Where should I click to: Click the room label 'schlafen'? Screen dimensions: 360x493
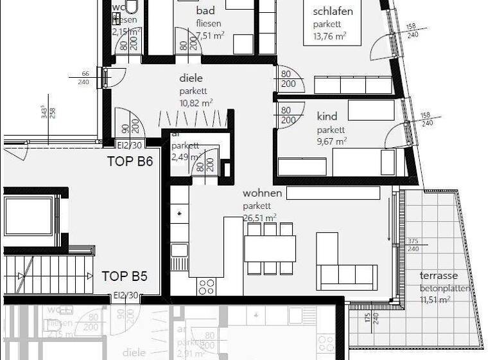click(333, 12)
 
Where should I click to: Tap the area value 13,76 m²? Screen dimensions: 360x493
click(330, 36)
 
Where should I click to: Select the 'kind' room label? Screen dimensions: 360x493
click(327, 117)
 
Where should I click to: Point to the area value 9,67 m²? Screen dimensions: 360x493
click(331, 141)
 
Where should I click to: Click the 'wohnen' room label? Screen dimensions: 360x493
click(262, 194)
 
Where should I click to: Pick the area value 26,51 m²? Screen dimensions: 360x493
click(259, 217)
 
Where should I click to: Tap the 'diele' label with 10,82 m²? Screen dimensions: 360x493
click(191, 78)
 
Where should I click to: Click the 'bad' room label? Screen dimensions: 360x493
click(205, 12)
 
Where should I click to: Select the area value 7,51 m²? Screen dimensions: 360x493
click(210, 36)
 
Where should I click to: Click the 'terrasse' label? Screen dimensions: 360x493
click(439, 276)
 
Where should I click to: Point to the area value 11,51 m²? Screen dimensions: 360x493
click(435, 300)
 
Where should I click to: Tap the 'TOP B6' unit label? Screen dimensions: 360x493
click(130, 161)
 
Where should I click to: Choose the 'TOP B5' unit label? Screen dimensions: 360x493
click(125, 276)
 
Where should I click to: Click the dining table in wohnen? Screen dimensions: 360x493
click(270, 249)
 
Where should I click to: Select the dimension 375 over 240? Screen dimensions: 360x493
click(413, 245)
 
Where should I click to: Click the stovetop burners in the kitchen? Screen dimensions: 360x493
click(207, 286)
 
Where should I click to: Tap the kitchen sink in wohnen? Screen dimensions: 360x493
click(179, 250)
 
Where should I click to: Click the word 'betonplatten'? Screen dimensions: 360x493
click(445, 288)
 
